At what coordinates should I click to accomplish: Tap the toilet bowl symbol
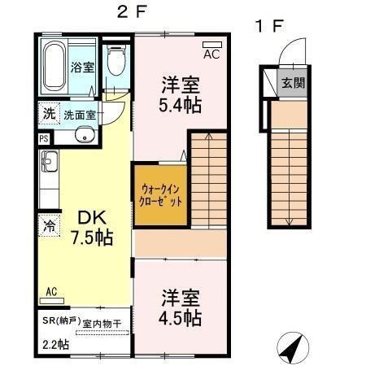[x=117, y=60]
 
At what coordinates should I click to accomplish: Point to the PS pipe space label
[x=42, y=138]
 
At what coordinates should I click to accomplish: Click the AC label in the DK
[x=51, y=291]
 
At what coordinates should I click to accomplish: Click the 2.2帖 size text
[x=55, y=345]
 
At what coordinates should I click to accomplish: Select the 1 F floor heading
[x=270, y=25]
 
